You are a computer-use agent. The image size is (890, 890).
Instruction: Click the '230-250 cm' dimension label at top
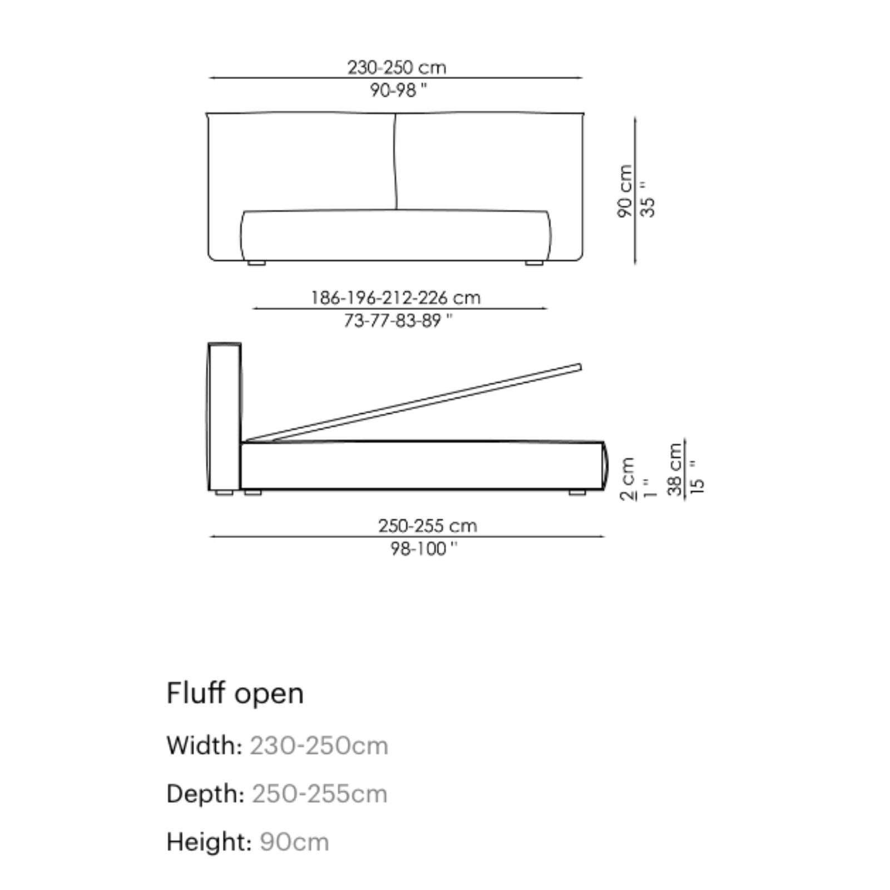[397, 67]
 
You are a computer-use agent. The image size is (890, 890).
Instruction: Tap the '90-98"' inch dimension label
[398, 90]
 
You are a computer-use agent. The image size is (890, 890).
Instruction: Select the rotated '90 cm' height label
[625, 191]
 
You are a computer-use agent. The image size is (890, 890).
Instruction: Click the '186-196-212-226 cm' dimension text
[395, 298]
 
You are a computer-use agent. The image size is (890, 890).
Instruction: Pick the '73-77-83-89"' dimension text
[398, 321]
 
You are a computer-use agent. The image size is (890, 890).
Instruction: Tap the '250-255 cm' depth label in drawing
[427, 526]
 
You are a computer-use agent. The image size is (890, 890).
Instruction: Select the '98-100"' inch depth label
[423, 549]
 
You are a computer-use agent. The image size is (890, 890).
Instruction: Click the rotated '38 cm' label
[675, 469]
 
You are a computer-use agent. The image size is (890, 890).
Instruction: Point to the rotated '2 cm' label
[627, 478]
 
